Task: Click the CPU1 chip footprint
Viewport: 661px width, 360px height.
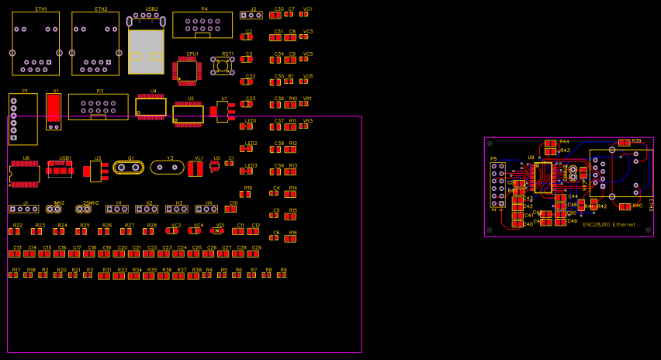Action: pos(188,71)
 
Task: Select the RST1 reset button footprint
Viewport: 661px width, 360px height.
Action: pos(223,67)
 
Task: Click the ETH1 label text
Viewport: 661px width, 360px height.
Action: pos(41,9)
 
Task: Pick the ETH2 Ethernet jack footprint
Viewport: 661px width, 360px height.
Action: pos(95,43)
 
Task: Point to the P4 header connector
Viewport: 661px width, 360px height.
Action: pos(202,26)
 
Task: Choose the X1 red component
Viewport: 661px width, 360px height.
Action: pos(54,112)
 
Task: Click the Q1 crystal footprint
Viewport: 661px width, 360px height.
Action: pos(129,167)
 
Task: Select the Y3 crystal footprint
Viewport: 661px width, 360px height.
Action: pos(167,167)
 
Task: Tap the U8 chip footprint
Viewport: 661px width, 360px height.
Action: pos(25,173)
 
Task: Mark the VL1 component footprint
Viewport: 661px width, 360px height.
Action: pos(196,168)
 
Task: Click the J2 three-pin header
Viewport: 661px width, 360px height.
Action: pos(251,15)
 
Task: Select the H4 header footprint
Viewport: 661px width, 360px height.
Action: pos(206,209)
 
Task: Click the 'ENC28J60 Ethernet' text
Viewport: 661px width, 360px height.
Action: pos(609,225)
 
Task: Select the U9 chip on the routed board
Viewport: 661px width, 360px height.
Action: pos(542,177)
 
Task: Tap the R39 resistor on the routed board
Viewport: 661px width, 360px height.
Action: pos(625,143)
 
